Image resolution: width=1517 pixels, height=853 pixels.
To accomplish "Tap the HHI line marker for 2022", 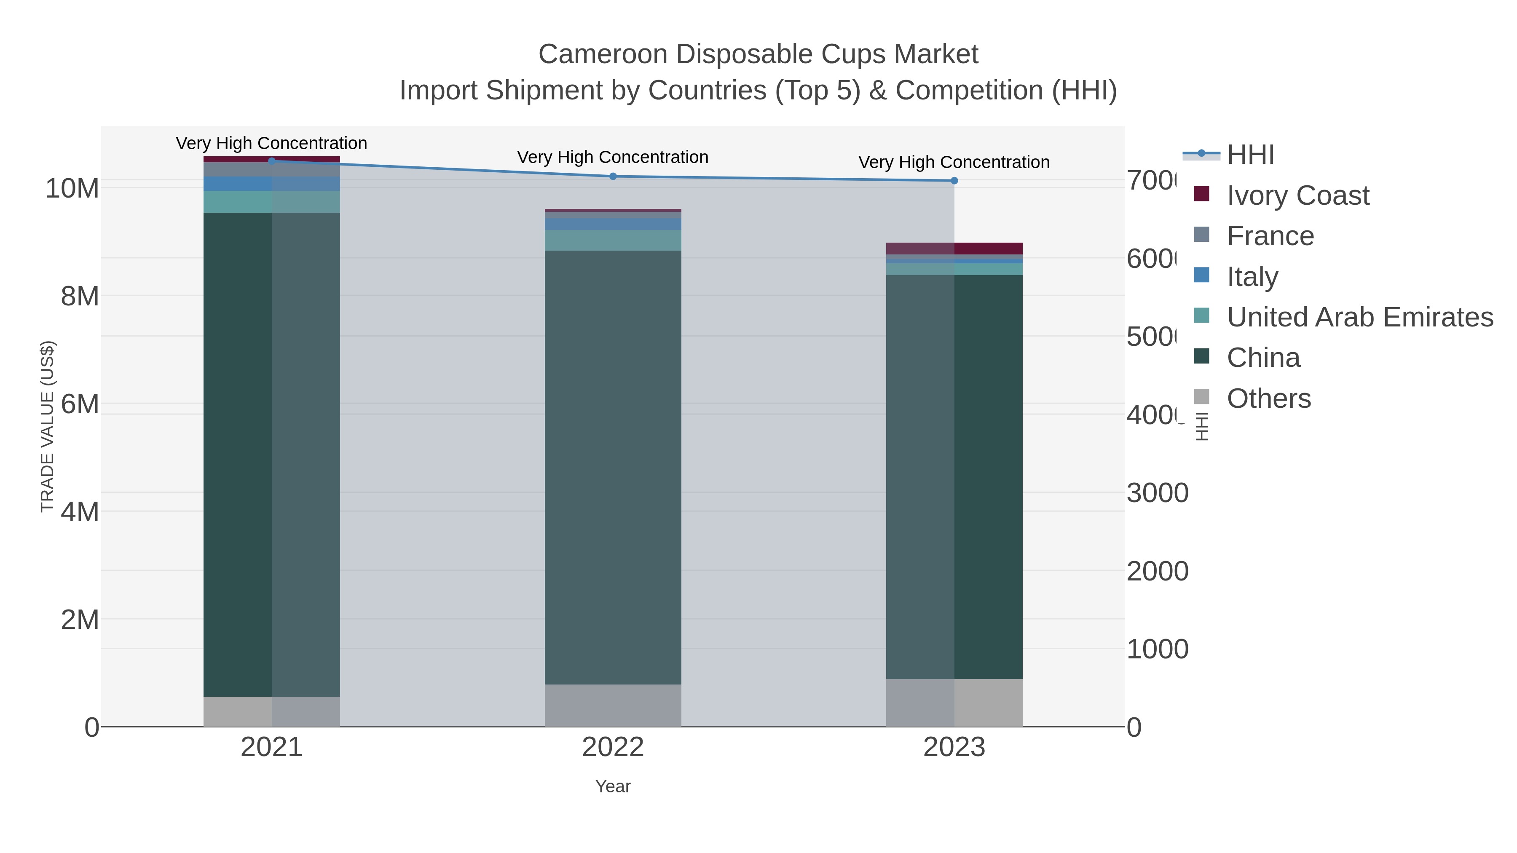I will [613, 176].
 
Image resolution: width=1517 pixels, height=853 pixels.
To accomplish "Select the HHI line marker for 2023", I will [954, 181].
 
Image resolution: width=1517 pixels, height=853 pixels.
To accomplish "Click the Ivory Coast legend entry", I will [1297, 195].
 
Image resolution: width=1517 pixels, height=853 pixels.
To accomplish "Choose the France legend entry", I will [1270, 236].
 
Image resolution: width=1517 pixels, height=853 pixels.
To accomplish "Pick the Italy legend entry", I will [1252, 277].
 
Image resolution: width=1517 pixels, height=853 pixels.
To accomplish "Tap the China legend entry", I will [1263, 358].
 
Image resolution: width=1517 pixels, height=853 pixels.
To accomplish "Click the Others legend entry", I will [1268, 398].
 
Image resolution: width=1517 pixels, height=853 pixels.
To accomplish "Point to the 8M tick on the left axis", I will [80, 296].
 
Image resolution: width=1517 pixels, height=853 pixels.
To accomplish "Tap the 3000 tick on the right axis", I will [1157, 493].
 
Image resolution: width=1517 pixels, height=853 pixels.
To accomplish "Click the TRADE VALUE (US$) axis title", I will [47, 426].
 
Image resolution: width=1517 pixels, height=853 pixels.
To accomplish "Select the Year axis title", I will [613, 786].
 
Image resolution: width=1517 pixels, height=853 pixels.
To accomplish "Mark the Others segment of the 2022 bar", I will [613, 705].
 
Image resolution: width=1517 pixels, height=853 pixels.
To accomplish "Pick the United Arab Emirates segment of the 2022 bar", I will [613, 240].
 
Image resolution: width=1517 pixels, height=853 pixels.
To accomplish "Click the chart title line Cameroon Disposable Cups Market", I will [758, 54].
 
